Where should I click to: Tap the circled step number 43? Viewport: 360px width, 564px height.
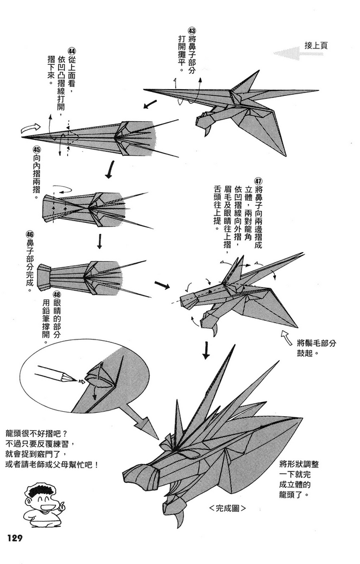pos(192,30)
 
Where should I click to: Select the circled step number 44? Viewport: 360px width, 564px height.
pos(72,51)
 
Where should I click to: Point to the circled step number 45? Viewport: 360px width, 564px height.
pos(37,149)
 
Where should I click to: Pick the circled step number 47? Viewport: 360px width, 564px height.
pos(258,181)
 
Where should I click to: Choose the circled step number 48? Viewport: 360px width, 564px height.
pos(57,295)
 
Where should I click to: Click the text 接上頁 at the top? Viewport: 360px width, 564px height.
pos(316,46)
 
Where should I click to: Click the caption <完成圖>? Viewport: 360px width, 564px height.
pos(228,508)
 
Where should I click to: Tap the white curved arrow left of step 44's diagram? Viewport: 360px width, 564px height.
pos(30,126)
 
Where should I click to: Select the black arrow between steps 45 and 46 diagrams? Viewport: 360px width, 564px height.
pos(100,241)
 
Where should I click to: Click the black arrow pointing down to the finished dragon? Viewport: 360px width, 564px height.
pos(206,350)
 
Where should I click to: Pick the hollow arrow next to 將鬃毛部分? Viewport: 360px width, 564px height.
pos(286,338)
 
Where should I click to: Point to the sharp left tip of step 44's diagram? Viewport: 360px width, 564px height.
pos(21,137)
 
